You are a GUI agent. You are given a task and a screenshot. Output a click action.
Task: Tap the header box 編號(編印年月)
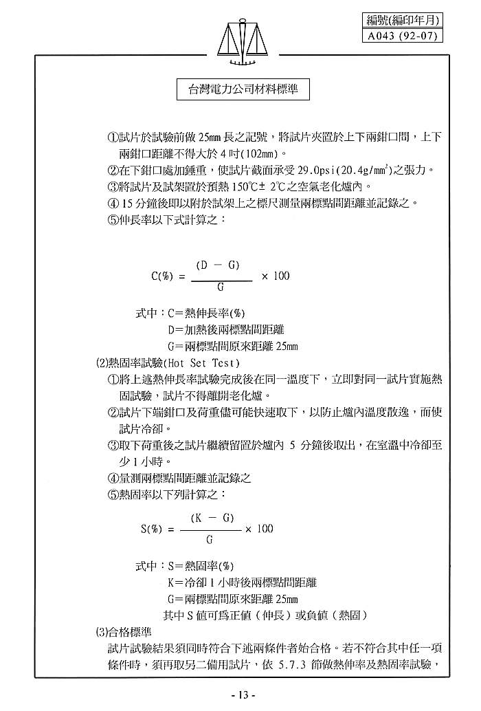(x=402, y=21)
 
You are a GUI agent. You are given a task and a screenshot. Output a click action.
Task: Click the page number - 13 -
(x=243, y=694)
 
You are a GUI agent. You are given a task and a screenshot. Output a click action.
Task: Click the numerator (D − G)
(x=218, y=265)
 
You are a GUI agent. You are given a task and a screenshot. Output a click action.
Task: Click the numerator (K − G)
(x=212, y=517)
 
